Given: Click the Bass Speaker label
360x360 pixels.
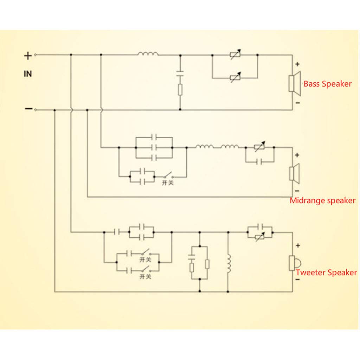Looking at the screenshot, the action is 327,84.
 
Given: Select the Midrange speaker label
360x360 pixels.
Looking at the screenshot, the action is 323,200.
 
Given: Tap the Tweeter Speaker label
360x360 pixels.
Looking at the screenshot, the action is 326,272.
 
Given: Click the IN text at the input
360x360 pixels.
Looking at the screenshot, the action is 28,74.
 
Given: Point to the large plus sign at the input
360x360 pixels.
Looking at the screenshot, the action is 28,56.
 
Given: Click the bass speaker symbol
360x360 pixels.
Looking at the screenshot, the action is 295,83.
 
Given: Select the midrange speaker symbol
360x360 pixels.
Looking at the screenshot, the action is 295,174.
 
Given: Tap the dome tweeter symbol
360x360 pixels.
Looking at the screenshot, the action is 295,263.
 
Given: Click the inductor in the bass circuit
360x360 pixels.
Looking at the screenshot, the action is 148,54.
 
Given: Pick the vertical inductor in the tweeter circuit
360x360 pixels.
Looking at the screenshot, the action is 229,263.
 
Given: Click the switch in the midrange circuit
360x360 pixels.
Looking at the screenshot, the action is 168,175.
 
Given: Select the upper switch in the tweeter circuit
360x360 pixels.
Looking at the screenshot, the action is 146,252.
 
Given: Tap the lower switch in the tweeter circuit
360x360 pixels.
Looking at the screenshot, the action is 146,269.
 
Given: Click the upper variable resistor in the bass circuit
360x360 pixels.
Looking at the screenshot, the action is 236,54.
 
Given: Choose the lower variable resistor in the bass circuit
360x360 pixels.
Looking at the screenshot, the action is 236,77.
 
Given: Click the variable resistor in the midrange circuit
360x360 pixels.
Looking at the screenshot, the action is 260,147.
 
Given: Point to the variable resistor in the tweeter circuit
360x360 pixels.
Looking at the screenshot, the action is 260,237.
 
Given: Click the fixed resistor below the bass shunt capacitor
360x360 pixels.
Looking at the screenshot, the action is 180,90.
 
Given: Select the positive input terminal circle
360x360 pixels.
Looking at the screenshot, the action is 36,55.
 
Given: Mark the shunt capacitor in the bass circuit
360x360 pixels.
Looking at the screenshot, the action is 180,73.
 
